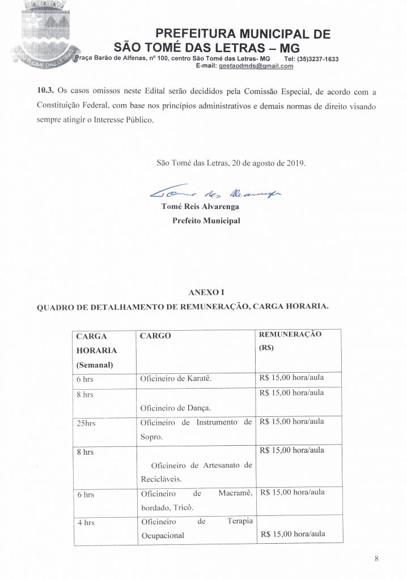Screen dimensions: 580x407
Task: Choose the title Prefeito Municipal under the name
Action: click(206, 221)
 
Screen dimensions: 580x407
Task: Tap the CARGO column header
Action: click(155, 335)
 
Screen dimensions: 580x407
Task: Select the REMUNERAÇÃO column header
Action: click(290, 334)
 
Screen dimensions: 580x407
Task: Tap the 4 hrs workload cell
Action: click(86, 522)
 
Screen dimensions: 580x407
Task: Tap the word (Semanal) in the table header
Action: click(95, 365)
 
